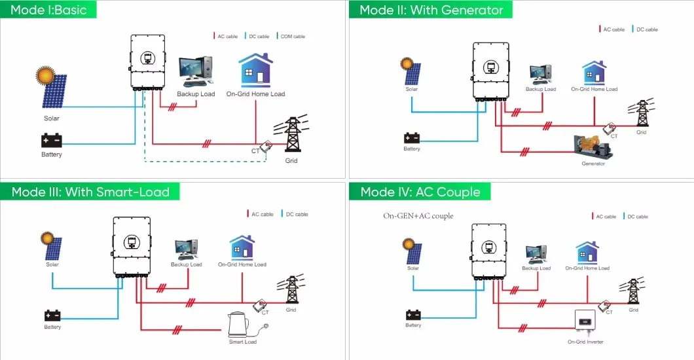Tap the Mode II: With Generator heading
pos(431,10)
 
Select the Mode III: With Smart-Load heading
pos(90,192)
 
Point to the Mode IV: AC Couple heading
pos(420,192)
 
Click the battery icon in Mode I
pos(51,140)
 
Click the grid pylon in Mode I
pos(292,136)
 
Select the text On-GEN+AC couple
pos(418,216)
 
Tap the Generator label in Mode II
pos(593,164)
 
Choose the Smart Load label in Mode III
pos(242,342)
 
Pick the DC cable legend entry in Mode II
pos(645,29)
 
